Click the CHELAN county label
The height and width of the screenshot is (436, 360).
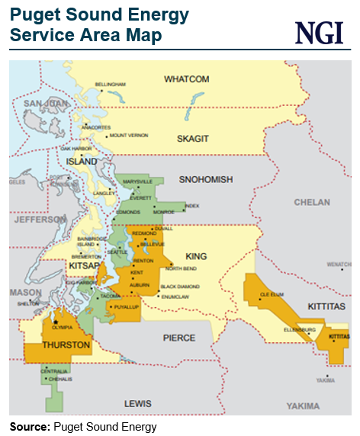tap(313, 202)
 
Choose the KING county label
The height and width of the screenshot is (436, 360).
tap(197, 257)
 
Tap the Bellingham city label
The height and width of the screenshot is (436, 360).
tap(109, 84)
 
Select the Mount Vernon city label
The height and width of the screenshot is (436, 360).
tap(128, 135)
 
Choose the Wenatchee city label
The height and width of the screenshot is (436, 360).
tap(339, 264)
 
